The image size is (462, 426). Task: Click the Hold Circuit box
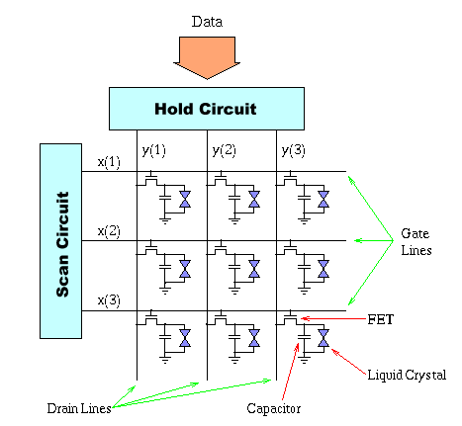[207, 109]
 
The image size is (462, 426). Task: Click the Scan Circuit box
[60, 241]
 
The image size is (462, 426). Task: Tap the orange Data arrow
[207, 57]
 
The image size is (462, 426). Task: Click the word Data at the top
[207, 22]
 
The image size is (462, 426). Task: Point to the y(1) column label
[153, 151]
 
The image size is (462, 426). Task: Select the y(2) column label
[224, 151]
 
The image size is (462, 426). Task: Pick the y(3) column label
[293, 151]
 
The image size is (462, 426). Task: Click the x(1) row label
[109, 162]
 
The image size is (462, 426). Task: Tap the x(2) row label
[109, 231]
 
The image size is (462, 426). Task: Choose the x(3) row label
[109, 300]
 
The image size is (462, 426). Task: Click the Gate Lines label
[416, 242]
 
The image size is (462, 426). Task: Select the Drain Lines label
[79, 408]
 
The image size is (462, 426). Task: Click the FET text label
[381, 319]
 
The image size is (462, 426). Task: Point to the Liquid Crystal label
[407, 376]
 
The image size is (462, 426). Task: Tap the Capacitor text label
[274, 408]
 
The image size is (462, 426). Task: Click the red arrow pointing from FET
[333, 318]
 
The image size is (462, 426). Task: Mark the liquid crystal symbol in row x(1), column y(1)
[185, 200]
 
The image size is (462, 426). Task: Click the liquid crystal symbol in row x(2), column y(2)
[254, 269]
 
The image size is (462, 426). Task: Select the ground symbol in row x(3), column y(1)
[165, 359]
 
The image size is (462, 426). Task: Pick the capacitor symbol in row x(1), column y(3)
[304, 198]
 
